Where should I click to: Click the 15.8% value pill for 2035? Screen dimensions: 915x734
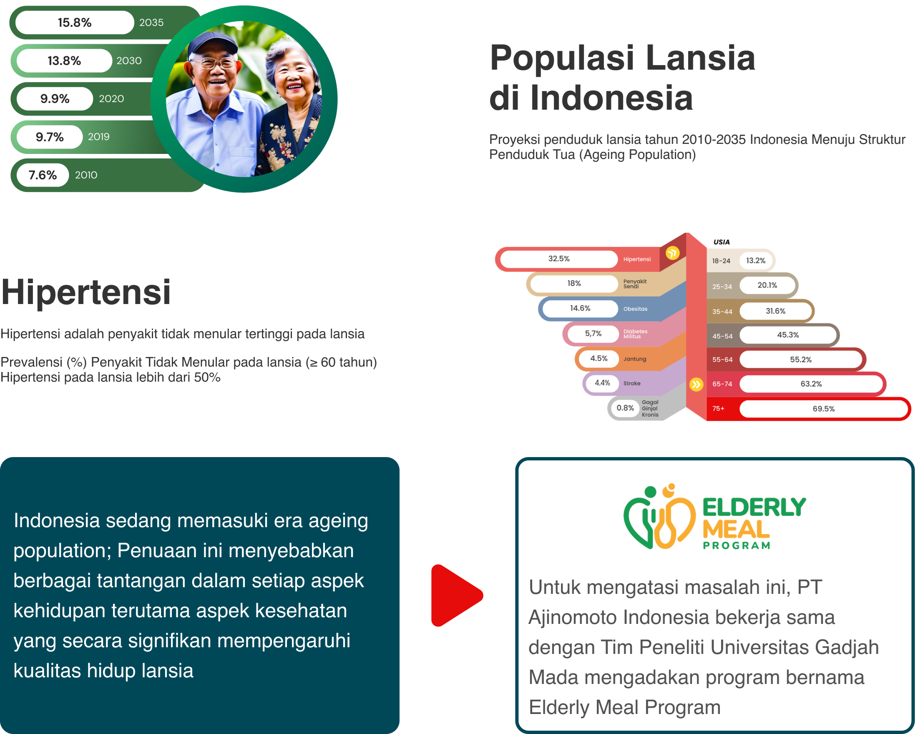pos(75,23)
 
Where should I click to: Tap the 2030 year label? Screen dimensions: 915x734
pos(129,60)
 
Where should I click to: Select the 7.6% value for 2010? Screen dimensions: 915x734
pos(43,175)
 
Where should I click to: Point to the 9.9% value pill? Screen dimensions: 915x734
pos(55,98)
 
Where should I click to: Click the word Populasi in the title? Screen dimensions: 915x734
pos(562,58)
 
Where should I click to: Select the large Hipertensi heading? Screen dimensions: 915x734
pos(86,292)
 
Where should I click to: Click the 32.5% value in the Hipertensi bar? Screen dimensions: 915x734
pos(559,259)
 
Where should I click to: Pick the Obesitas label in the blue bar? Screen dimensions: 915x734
pos(635,309)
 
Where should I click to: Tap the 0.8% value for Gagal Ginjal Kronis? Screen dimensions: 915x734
pos(625,408)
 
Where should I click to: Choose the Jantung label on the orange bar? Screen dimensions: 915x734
pos(635,359)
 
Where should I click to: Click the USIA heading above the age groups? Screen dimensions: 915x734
pos(721,242)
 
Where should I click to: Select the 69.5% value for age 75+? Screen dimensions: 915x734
pos(824,409)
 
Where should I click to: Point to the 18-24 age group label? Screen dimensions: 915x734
pos(721,261)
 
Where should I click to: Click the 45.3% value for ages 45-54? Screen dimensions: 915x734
pos(788,335)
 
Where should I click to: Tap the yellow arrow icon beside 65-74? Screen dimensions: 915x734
pos(696,385)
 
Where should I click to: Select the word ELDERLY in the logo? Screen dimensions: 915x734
pos(754,508)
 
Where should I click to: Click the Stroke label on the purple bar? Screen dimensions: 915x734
pos(632,384)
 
